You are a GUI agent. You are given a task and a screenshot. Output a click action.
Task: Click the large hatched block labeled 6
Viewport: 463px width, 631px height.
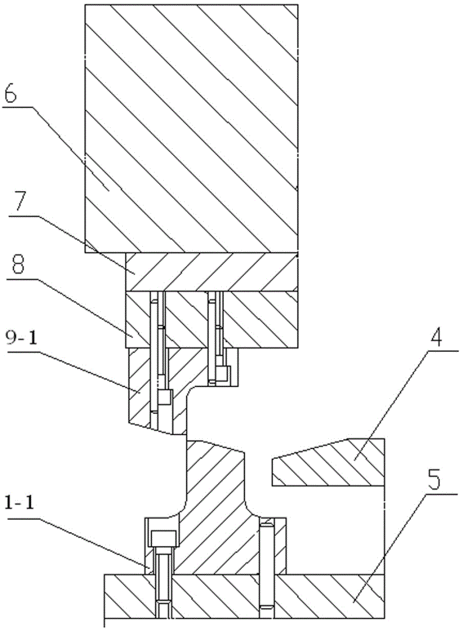191,127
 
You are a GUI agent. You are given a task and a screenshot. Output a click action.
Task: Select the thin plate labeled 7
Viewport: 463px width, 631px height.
211,272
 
